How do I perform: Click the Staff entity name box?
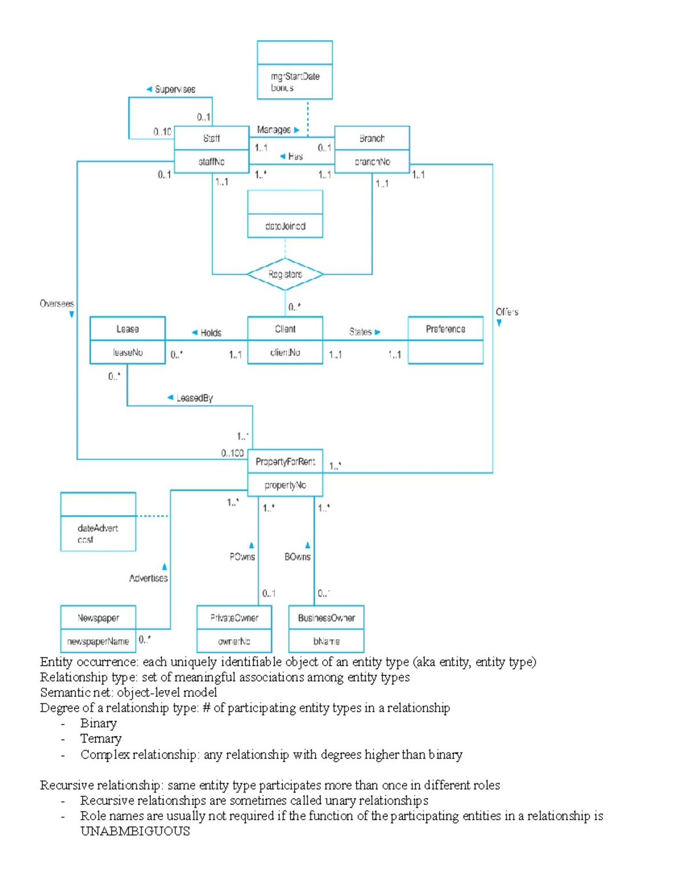click(x=211, y=138)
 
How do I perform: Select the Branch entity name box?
click(x=372, y=138)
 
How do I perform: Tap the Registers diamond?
click(x=285, y=274)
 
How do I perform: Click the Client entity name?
click(x=285, y=329)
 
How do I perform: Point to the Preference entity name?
click(x=445, y=329)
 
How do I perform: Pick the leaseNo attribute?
click(x=127, y=352)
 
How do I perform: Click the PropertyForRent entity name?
click(x=285, y=461)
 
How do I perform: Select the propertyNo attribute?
click(x=285, y=485)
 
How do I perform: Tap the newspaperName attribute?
click(x=98, y=641)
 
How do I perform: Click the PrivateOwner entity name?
click(x=234, y=618)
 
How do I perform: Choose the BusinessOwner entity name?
click(x=326, y=618)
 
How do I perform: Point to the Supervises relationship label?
click(x=175, y=89)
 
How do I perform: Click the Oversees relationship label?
click(x=57, y=303)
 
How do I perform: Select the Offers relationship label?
click(x=507, y=312)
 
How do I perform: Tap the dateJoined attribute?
click(x=285, y=226)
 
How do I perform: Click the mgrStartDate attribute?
click(x=295, y=76)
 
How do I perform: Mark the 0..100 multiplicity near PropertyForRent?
click(x=232, y=453)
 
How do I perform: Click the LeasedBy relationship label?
click(x=194, y=398)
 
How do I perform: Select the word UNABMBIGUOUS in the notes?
click(x=135, y=831)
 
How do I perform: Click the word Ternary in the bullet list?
click(x=100, y=739)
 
